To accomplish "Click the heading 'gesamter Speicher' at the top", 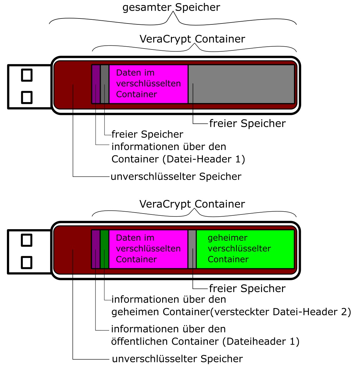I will click(171, 8).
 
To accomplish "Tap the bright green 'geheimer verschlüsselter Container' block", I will click(245, 249).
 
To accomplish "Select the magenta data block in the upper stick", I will click(148, 84).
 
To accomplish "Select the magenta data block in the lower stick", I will click(148, 249).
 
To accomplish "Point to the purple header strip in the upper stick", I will click(96, 84).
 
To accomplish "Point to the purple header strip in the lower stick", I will click(96, 249).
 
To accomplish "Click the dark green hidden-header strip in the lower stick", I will click(105, 249).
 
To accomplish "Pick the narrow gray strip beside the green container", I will click(192, 249).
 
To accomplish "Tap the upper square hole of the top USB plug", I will click(27, 75).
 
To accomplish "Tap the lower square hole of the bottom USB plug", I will click(27, 262).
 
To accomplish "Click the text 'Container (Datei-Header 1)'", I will click(178, 159).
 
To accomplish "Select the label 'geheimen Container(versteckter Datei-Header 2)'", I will click(231, 312).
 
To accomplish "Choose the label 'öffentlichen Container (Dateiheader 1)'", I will click(205, 341).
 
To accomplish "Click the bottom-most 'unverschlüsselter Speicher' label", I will click(177, 359).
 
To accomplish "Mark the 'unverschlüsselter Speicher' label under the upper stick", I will click(176, 177).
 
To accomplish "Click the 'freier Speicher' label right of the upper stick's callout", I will click(247, 123).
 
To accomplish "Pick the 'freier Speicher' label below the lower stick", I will click(247, 288).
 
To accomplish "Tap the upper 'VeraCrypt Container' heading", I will click(192, 39).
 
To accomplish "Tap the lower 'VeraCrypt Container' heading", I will click(192, 204).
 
